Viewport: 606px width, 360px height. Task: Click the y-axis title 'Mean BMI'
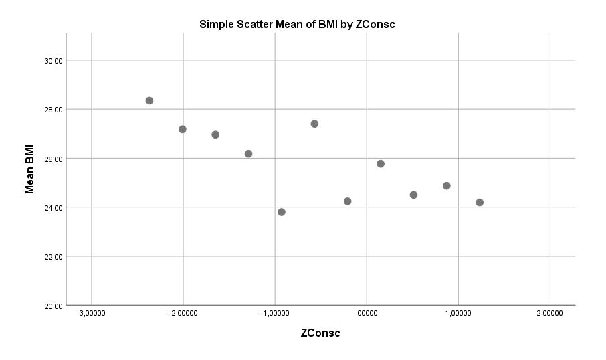pos(30,170)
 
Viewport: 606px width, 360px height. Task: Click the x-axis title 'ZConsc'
pos(320,333)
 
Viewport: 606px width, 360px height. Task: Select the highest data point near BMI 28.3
pos(149,100)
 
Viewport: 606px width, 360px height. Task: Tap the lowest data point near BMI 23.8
pos(282,212)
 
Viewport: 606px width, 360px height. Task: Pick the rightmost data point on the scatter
pos(480,202)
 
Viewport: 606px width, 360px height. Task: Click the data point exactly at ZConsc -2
pos(183,129)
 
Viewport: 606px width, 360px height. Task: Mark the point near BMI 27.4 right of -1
pos(314,124)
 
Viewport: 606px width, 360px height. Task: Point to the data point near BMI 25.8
pos(381,163)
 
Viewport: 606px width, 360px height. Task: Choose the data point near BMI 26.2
pos(248,153)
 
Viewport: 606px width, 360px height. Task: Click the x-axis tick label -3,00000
pos(90,313)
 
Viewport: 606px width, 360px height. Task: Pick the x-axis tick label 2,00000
pos(550,313)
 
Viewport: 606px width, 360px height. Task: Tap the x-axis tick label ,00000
pos(367,313)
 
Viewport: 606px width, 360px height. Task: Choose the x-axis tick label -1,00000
pos(274,313)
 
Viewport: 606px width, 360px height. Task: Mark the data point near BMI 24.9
pos(446,185)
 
